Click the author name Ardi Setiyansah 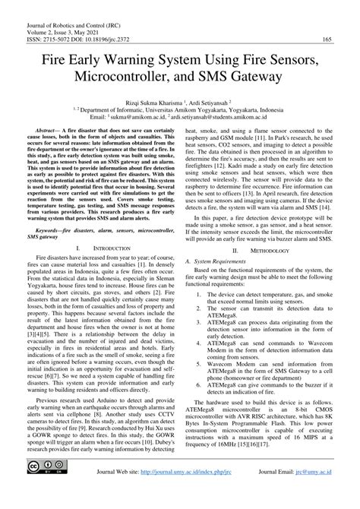click(215, 100)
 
